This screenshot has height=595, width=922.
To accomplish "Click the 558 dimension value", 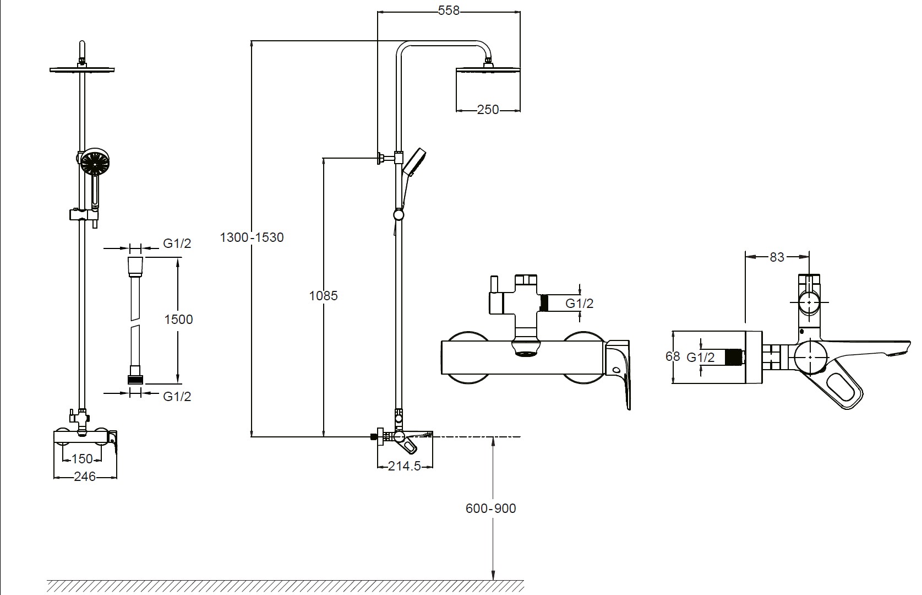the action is pos(448,10).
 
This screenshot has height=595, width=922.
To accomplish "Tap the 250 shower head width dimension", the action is pos(488,110).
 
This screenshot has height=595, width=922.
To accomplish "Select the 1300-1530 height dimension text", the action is pos(252,237).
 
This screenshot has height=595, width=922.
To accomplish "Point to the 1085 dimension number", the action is pos(323,295).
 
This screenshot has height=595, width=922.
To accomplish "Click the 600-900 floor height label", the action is pos(490,509).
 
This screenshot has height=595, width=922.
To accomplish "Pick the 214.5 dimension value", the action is pos(405,466).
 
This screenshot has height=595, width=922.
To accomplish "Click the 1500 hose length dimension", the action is pos(179,320).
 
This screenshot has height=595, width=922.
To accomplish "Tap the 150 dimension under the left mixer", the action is pos(83,458).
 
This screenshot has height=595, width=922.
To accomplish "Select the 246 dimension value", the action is pos(85,477).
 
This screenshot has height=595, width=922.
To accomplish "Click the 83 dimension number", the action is pos(777,257).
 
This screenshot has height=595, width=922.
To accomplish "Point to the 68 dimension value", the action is pos(673,356).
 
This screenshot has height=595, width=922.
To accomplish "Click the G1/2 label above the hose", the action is pos(177,244).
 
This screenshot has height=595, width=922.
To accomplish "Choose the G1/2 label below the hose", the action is pos(177,397).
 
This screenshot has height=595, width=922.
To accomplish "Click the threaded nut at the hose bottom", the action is pos(135,379).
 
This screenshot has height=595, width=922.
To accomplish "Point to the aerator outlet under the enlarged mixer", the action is pos(525,349).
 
